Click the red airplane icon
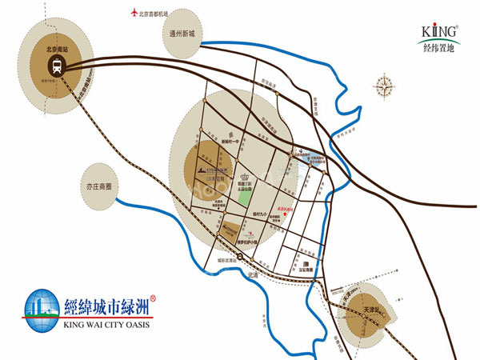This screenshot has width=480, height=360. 133,13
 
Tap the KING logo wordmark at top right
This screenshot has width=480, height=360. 439,31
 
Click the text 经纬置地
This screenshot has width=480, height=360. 440,46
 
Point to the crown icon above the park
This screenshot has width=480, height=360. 244,178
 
